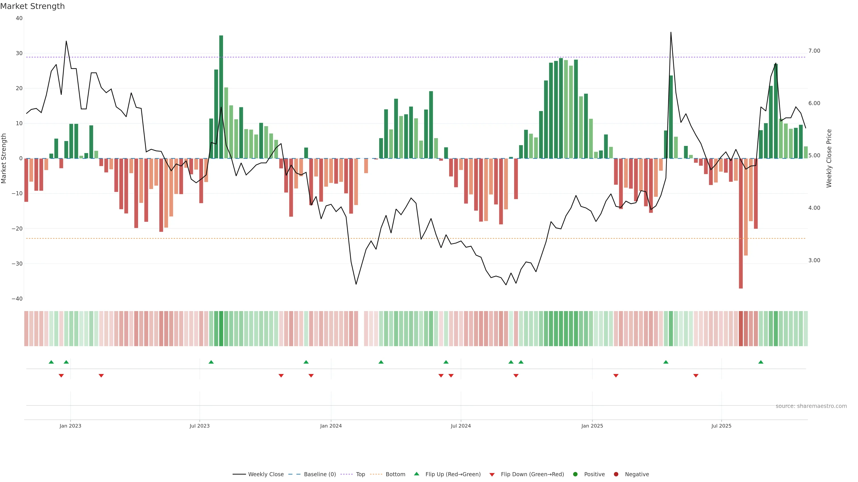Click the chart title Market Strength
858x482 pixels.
(x=32, y=6)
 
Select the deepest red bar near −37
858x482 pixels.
(x=741, y=223)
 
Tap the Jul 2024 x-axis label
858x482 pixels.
(x=461, y=426)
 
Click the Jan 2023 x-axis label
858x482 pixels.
(x=70, y=426)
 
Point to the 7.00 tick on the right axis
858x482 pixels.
(x=814, y=51)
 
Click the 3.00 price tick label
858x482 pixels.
(x=814, y=260)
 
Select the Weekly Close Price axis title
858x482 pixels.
(x=829, y=158)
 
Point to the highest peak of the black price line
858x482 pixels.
(x=671, y=33)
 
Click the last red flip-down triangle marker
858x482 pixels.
(x=696, y=376)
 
